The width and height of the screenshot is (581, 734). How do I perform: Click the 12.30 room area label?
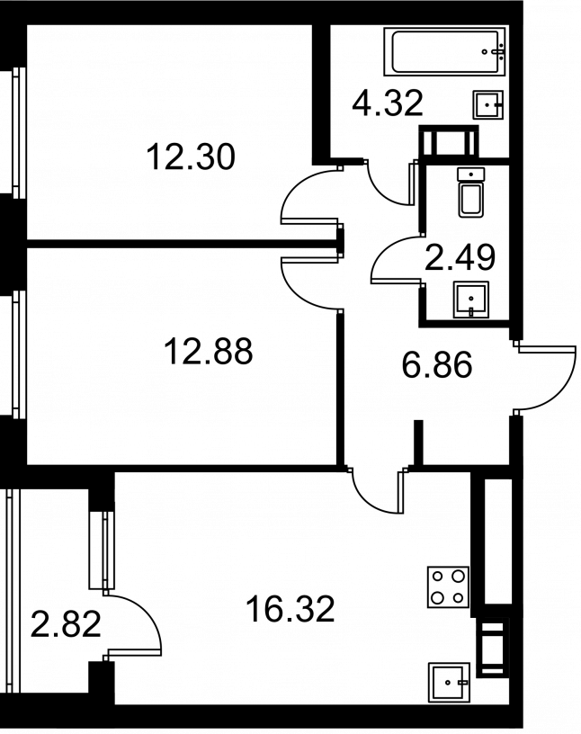pyautogui.click(x=190, y=157)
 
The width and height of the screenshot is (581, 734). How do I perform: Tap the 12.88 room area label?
pyautogui.click(x=209, y=351)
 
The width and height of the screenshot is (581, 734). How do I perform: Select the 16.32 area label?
pyautogui.click(x=290, y=609)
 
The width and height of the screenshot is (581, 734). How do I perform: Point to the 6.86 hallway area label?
pyautogui.click(x=437, y=364)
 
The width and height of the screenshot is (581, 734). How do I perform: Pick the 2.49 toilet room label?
pyautogui.click(x=460, y=257)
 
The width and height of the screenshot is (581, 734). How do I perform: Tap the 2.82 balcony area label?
pyautogui.click(x=66, y=624)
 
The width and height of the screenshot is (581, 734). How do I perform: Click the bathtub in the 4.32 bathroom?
pyautogui.click(x=445, y=51)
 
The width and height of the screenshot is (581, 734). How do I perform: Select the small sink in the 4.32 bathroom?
pyautogui.click(x=487, y=104)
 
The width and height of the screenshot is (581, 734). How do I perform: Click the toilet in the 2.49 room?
pyautogui.click(x=471, y=192)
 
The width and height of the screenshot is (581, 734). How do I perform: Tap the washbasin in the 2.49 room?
pyautogui.click(x=470, y=300)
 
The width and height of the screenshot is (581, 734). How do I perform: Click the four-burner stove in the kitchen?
pyautogui.click(x=448, y=587)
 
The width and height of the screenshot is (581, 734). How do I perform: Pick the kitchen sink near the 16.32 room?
pyautogui.click(x=449, y=683)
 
